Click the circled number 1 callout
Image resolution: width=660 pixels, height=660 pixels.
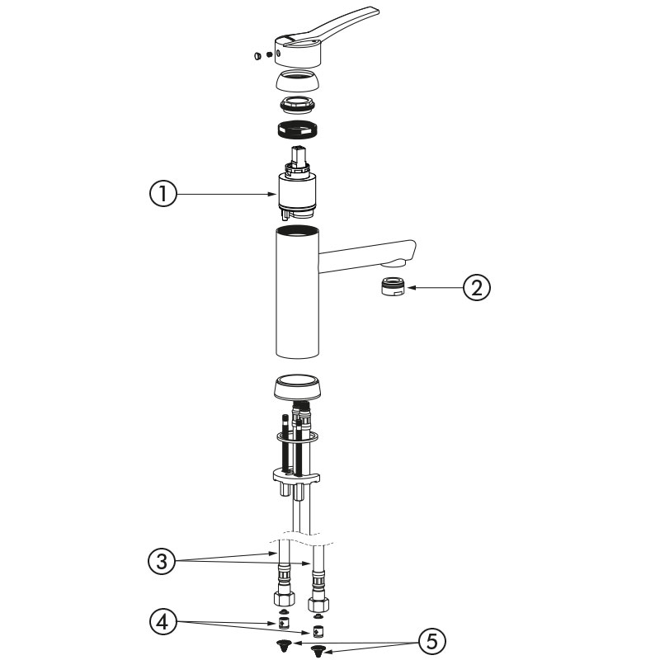coord(163,194)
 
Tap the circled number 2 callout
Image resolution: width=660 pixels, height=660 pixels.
coord(477,288)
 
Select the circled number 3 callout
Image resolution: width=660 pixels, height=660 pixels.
coord(162,562)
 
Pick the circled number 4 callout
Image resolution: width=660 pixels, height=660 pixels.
coord(163,622)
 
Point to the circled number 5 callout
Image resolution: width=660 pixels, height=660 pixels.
coord(432,642)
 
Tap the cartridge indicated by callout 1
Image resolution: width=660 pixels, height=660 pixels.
coord(299,184)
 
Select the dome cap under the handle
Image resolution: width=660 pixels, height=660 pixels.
coord(298,81)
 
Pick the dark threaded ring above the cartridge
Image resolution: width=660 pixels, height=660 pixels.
coord(298,130)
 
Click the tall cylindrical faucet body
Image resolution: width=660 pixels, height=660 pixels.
coord(298,292)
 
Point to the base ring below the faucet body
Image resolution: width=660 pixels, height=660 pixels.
coord(298,387)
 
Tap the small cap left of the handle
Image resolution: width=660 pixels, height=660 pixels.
coord(257,55)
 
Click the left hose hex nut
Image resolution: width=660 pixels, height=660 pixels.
coord(285,596)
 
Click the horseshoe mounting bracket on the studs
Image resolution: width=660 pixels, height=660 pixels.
coord(296,478)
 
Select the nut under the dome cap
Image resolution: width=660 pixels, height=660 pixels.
coord(298,105)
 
